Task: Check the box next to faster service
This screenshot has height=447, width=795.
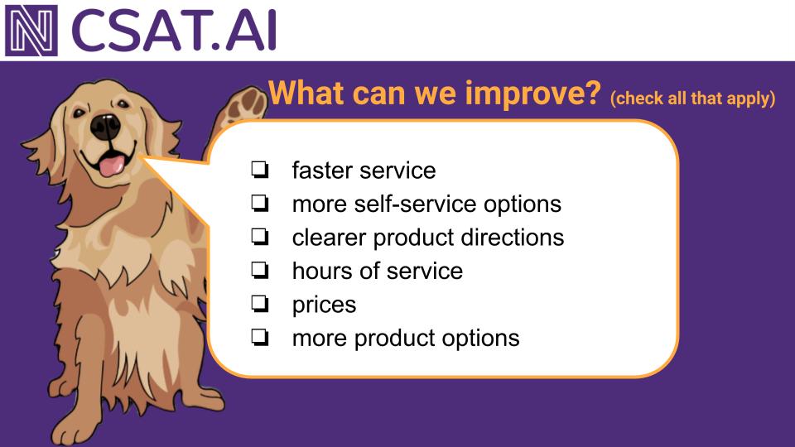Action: pyautogui.click(x=259, y=170)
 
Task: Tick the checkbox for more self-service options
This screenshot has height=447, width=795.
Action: pyautogui.click(x=259, y=204)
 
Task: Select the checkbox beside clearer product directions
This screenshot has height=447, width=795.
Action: pyautogui.click(x=259, y=237)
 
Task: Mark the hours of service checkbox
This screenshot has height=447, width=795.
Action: pyautogui.click(x=259, y=270)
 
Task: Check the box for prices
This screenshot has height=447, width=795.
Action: pyautogui.click(x=259, y=304)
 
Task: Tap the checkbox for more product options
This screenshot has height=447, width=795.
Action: pyautogui.click(x=259, y=337)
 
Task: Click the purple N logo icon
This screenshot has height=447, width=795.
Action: pyautogui.click(x=31, y=31)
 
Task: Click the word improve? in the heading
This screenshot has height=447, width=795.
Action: pyautogui.click(x=532, y=94)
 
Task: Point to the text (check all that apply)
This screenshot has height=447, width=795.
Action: pyautogui.click(x=692, y=98)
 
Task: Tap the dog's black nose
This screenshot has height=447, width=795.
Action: pyautogui.click(x=105, y=127)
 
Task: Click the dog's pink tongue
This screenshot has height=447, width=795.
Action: pyautogui.click(x=111, y=166)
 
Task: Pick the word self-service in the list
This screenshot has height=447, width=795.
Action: pyautogui.click(x=415, y=204)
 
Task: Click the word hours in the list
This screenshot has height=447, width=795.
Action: pyautogui.click(x=322, y=271)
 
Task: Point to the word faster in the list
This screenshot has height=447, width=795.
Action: pyautogui.click(x=323, y=171)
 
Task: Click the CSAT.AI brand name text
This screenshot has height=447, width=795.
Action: pyautogui.click(x=174, y=31)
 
